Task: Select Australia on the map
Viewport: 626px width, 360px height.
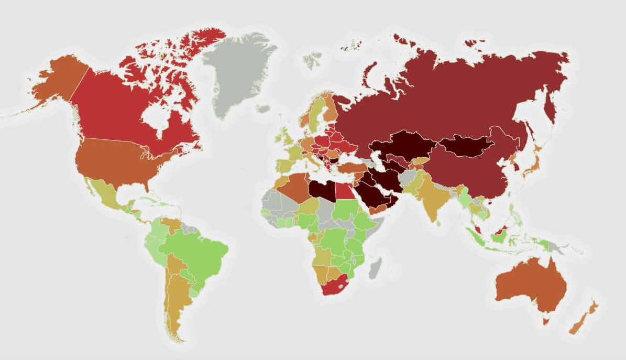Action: pyautogui.click(x=529, y=286)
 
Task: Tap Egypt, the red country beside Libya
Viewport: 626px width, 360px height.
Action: pyautogui.click(x=345, y=191)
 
